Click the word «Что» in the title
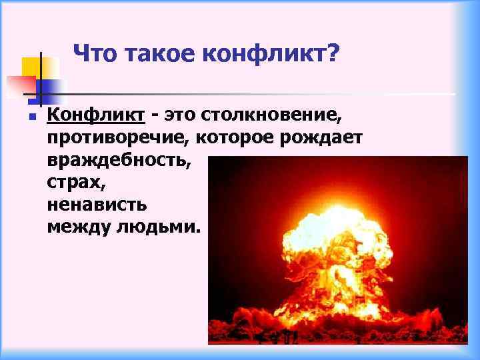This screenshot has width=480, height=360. [x=92, y=53]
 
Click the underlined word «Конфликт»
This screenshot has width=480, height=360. [x=96, y=117]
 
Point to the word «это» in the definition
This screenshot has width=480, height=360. [x=181, y=117]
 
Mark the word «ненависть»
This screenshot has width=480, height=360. [x=97, y=204]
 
